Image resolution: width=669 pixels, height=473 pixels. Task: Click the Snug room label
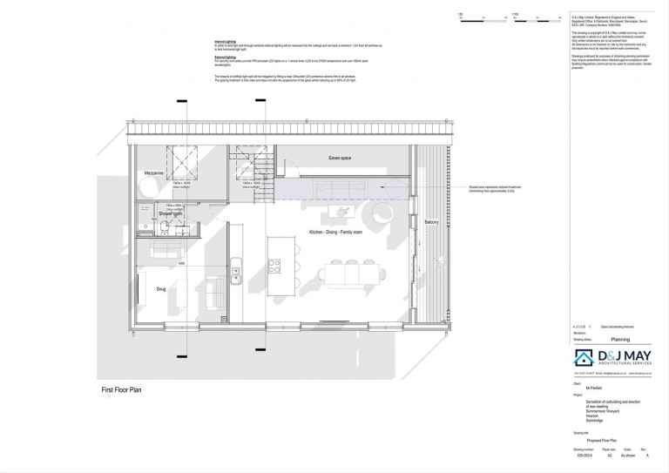(x=160, y=287)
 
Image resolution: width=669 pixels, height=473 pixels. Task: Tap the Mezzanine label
(x=155, y=174)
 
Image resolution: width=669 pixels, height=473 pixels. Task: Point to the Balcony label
(x=431, y=222)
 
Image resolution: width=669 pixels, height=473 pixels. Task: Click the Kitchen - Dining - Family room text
(x=340, y=232)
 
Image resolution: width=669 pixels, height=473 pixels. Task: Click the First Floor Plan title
(x=121, y=390)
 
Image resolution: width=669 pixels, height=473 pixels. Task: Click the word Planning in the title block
(x=595, y=342)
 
